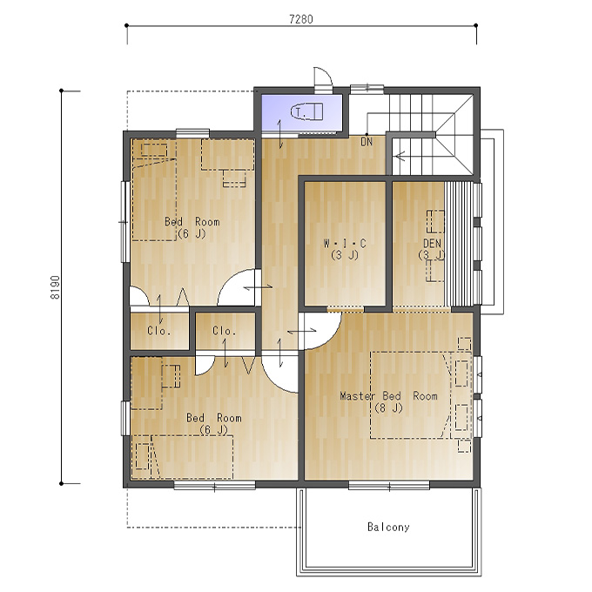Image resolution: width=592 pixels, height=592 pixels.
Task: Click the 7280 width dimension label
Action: [x=301, y=19]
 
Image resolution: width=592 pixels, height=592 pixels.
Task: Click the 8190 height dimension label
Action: [x=55, y=287]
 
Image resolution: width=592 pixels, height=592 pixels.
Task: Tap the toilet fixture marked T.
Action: [x=306, y=111]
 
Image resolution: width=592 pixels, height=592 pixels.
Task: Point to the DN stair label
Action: [x=367, y=142]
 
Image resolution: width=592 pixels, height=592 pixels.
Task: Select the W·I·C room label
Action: [x=345, y=244]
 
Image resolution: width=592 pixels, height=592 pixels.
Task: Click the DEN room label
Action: [x=433, y=243]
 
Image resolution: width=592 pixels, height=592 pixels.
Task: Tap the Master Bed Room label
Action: [x=389, y=396]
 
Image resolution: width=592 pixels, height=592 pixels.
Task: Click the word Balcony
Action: [x=388, y=527]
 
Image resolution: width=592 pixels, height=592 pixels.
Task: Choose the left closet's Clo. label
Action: [x=159, y=331]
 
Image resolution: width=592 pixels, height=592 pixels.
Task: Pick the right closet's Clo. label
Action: [x=225, y=331]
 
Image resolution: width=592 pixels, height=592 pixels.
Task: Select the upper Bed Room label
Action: [x=192, y=222]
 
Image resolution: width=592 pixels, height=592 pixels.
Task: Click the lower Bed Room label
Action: [x=214, y=418]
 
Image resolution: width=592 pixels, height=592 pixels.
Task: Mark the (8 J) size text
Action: [x=389, y=408]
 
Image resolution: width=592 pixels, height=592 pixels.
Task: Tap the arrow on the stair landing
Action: [x=400, y=155]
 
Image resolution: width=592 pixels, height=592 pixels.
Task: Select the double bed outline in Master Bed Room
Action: [x=410, y=395]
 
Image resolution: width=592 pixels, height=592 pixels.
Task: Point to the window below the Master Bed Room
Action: [x=389, y=485]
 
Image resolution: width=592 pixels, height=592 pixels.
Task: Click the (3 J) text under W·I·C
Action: [x=345, y=256]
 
